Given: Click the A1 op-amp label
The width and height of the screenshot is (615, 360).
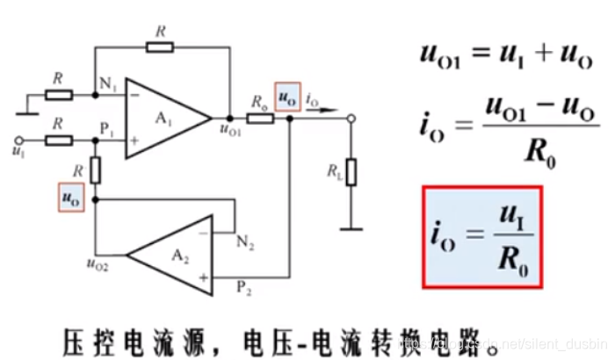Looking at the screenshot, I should point(164,119).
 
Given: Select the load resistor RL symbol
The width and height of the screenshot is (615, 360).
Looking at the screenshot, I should point(351,172).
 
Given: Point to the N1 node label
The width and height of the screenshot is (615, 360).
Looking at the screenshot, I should point(108,86).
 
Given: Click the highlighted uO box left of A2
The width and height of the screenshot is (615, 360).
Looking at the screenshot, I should point(69,197).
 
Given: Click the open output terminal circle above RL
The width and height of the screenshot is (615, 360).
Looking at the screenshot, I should point(351,117).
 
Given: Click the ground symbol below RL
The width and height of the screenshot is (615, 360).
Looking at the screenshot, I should point(351,228).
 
